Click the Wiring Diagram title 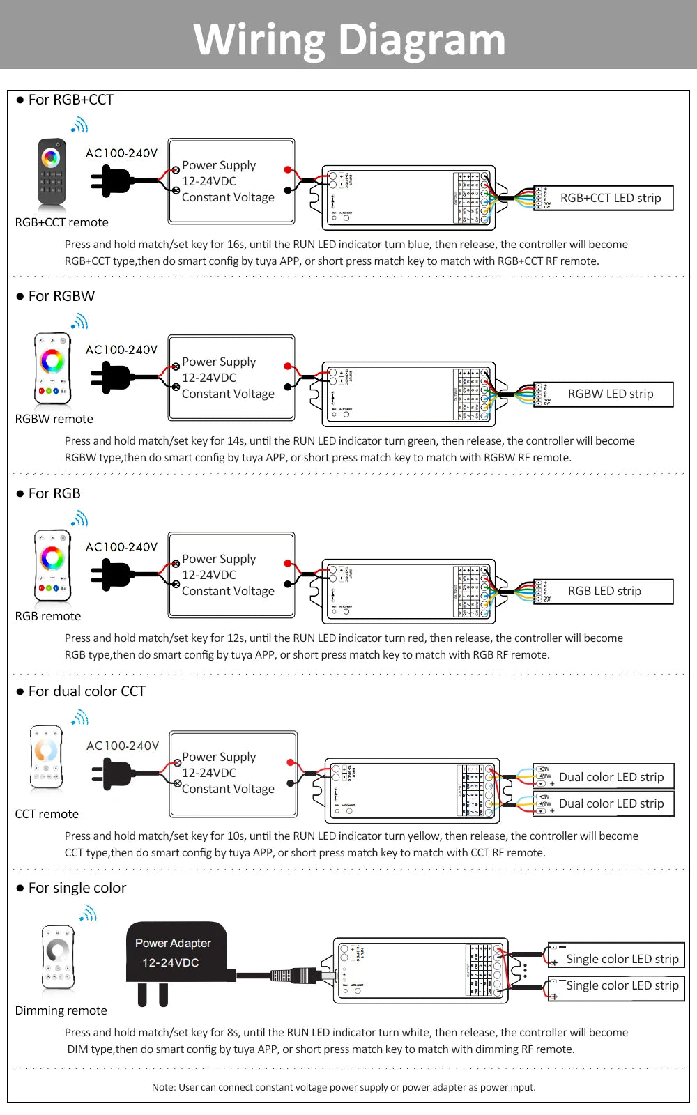[349, 39]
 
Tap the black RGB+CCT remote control [52, 174]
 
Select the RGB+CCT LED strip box [604, 198]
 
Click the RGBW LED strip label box [604, 394]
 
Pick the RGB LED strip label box [604, 592]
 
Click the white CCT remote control [47, 758]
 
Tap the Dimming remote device [58, 958]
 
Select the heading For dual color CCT [86, 691]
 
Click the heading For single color [77, 888]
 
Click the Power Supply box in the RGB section [231, 575]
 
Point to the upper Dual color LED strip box [604, 777]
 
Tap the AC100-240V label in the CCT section [123, 746]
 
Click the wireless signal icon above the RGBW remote [79, 321]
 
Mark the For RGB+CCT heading [70, 100]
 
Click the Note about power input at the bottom [344, 1087]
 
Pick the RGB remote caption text [48, 616]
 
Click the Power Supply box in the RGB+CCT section [231, 181]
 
